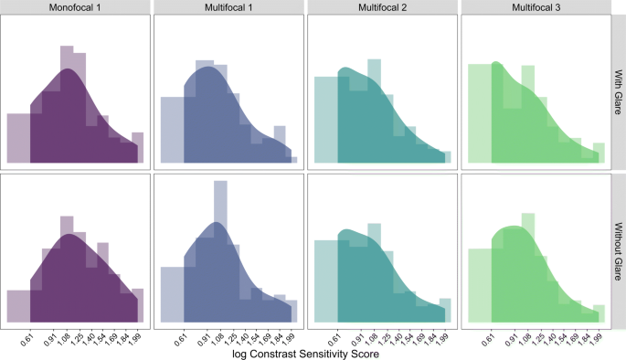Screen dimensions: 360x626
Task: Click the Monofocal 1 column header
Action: click(x=74, y=7)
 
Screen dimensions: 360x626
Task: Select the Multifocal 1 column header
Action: click(x=228, y=7)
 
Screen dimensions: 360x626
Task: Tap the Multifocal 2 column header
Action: click(x=381, y=7)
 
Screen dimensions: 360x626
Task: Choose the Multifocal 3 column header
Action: click(x=535, y=7)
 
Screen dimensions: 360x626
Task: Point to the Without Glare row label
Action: click(x=618, y=249)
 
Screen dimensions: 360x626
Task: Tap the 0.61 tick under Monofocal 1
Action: click(x=27, y=335)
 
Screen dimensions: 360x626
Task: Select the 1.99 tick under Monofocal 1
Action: click(x=135, y=335)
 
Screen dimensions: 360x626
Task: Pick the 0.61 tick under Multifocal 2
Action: click(x=334, y=335)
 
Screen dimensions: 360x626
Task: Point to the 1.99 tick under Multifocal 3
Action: click(x=596, y=335)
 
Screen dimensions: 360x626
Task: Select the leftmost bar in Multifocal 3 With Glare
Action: click(x=480, y=114)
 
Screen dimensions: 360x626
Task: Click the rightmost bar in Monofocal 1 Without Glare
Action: click(x=137, y=305)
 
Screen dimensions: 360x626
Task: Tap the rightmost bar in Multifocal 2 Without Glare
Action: click(x=444, y=310)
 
